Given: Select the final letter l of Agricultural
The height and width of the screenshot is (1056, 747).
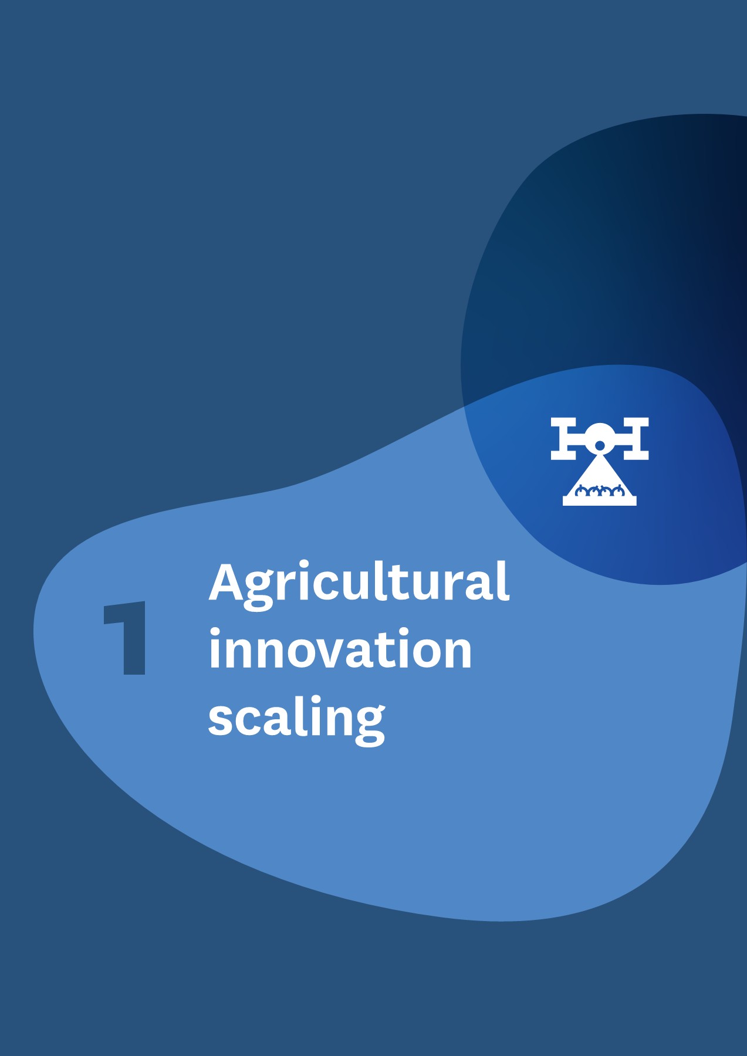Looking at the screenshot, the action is point(503,580).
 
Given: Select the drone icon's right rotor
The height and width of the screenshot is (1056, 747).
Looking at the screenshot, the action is point(636,438).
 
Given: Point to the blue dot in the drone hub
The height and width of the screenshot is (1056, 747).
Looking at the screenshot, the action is point(600,445).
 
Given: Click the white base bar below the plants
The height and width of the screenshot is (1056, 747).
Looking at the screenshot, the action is point(600,501).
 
